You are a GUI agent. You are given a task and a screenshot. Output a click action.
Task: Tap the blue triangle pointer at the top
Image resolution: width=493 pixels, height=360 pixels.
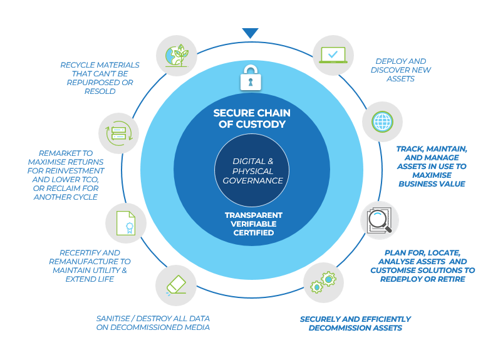[251, 33]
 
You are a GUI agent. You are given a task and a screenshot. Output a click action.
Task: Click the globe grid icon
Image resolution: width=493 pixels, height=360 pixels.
[382, 121]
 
